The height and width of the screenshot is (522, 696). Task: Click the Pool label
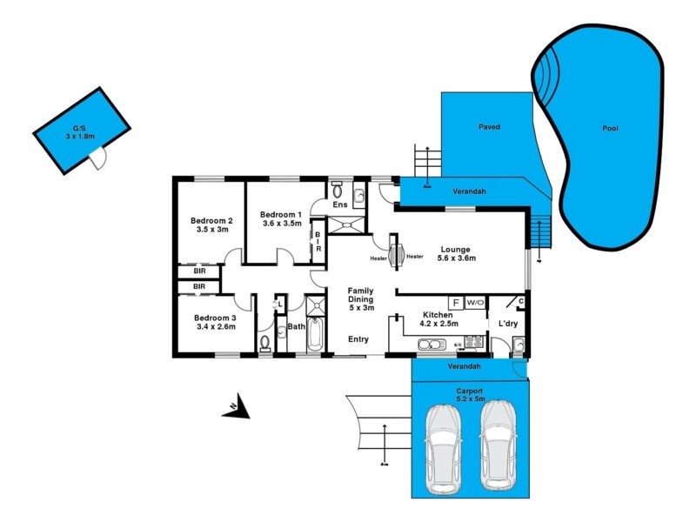tap(610, 129)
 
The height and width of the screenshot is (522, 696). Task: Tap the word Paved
tap(489, 127)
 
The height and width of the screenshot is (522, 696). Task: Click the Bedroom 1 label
tap(281, 219)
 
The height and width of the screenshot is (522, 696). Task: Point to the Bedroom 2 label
tap(211, 224)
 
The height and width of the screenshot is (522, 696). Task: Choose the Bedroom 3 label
tap(214, 322)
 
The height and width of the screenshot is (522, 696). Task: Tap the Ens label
tap(340, 205)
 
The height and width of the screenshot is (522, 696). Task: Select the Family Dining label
tap(361, 298)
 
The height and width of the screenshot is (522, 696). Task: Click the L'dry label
tap(507, 324)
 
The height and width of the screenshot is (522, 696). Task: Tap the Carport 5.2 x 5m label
tap(469, 396)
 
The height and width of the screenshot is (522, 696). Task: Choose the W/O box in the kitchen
tap(475, 302)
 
